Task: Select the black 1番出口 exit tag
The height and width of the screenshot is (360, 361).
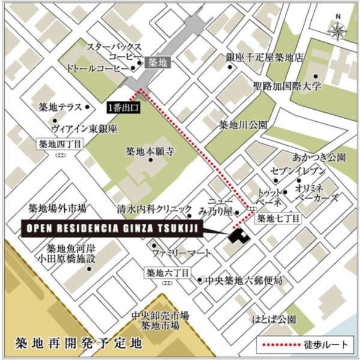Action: point(124,108)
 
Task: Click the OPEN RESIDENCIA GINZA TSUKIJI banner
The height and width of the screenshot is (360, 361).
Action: point(112,229)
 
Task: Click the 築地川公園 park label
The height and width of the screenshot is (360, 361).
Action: point(242,125)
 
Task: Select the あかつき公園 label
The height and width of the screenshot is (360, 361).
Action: point(318,158)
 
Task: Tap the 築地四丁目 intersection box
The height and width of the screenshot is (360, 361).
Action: point(60,143)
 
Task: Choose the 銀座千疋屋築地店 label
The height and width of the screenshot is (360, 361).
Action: point(264,58)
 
